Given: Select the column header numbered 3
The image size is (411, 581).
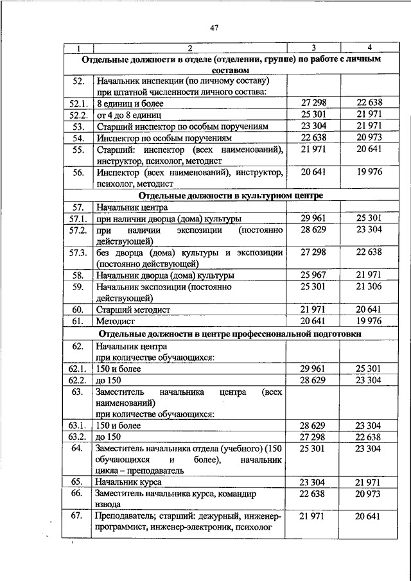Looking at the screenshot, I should point(313,48).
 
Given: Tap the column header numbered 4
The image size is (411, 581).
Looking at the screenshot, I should point(369,48).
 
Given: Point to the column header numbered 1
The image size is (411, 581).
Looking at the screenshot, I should point(78,48).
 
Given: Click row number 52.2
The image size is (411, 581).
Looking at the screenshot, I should point(78,114).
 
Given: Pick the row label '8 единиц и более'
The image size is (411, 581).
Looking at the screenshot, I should point(130,103).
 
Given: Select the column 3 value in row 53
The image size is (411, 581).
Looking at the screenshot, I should point(313,126).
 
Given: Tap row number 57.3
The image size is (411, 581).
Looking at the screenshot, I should point(78,252).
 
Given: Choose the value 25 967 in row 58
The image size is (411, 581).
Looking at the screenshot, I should point(313,275).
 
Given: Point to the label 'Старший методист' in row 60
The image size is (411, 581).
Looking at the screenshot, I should point(133,309).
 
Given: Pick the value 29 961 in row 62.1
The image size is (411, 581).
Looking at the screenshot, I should point(313,369).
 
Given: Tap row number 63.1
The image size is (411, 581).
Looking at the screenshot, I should point(78,425).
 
